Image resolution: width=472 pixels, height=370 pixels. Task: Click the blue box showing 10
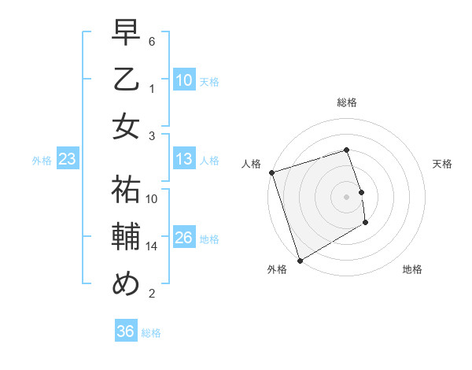184,80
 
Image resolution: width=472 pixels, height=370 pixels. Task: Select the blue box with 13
184,160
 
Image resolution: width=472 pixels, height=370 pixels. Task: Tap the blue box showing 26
184,239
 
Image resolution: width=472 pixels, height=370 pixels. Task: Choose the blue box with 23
68,160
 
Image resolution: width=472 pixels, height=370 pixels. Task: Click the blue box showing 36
126,332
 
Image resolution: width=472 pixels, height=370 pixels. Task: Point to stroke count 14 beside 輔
152,246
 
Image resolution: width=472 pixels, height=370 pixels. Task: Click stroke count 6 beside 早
152,41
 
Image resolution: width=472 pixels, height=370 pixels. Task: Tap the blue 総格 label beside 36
151,333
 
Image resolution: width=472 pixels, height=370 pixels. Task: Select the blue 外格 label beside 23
42,161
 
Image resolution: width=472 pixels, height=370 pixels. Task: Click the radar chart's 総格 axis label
346,102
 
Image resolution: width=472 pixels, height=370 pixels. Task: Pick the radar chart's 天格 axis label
443,164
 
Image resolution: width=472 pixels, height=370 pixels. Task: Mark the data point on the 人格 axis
271,172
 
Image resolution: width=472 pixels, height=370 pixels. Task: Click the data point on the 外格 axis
300,260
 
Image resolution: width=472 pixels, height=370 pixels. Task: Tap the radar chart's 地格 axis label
412,269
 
